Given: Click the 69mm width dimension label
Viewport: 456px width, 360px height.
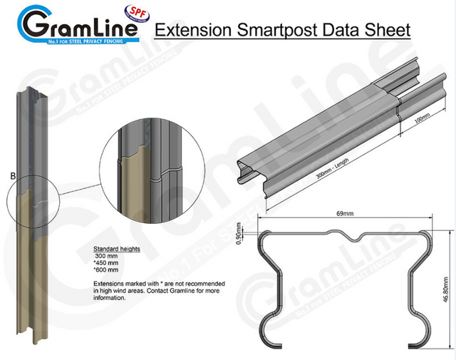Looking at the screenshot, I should [x=346, y=212].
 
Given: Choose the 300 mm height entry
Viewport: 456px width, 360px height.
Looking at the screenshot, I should [x=108, y=257].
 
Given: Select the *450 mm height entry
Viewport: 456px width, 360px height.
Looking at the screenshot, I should [x=108, y=263].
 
